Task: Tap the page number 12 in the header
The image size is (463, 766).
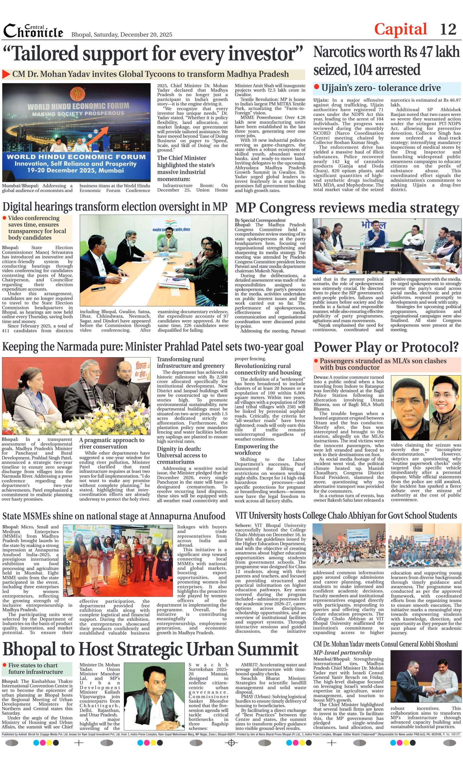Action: [x=448, y=30]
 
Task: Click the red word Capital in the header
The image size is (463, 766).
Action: [x=400, y=30]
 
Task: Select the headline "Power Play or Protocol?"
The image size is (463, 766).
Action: [x=386, y=347]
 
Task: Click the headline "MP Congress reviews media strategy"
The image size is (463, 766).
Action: [x=347, y=208]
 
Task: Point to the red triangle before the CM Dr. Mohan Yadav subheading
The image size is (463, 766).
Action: [x=6, y=74]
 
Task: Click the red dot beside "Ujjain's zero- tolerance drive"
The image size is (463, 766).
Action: [x=316, y=87]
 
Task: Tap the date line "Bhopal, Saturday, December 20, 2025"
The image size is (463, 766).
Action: [x=122, y=34]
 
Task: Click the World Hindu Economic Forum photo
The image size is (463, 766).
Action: [x=76, y=132]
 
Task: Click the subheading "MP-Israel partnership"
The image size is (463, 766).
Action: [x=342, y=652]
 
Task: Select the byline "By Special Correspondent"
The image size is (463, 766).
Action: [x=260, y=220]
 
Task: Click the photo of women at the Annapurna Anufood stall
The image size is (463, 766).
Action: [x=118, y=560]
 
